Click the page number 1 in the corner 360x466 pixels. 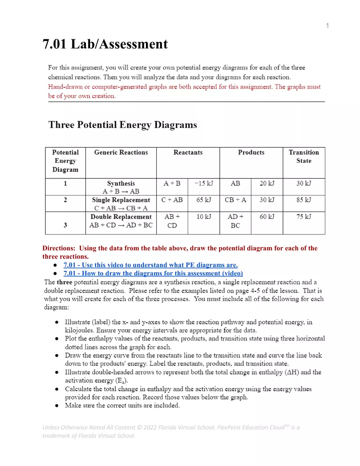pos(327,26)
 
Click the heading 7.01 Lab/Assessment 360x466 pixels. pos(105,44)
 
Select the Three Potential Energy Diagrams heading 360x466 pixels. pos(123,125)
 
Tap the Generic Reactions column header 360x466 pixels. pos(121,153)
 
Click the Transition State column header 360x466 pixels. pos(304,157)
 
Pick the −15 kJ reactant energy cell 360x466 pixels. pos(204,184)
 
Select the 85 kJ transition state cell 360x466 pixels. pos(304,200)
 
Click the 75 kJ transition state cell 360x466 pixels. pos(304,217)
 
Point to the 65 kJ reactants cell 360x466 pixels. pos(204,200)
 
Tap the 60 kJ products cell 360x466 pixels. pos(267,217)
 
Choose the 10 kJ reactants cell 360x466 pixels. pos(204,217)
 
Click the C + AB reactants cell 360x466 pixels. pos(172,200)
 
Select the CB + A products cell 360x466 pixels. pos(235,200)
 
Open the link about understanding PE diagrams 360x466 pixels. pos(151,265)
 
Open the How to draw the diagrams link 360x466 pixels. pos(153,273)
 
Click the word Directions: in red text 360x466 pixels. pos(59,248)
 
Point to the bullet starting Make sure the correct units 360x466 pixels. pos(122,405)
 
